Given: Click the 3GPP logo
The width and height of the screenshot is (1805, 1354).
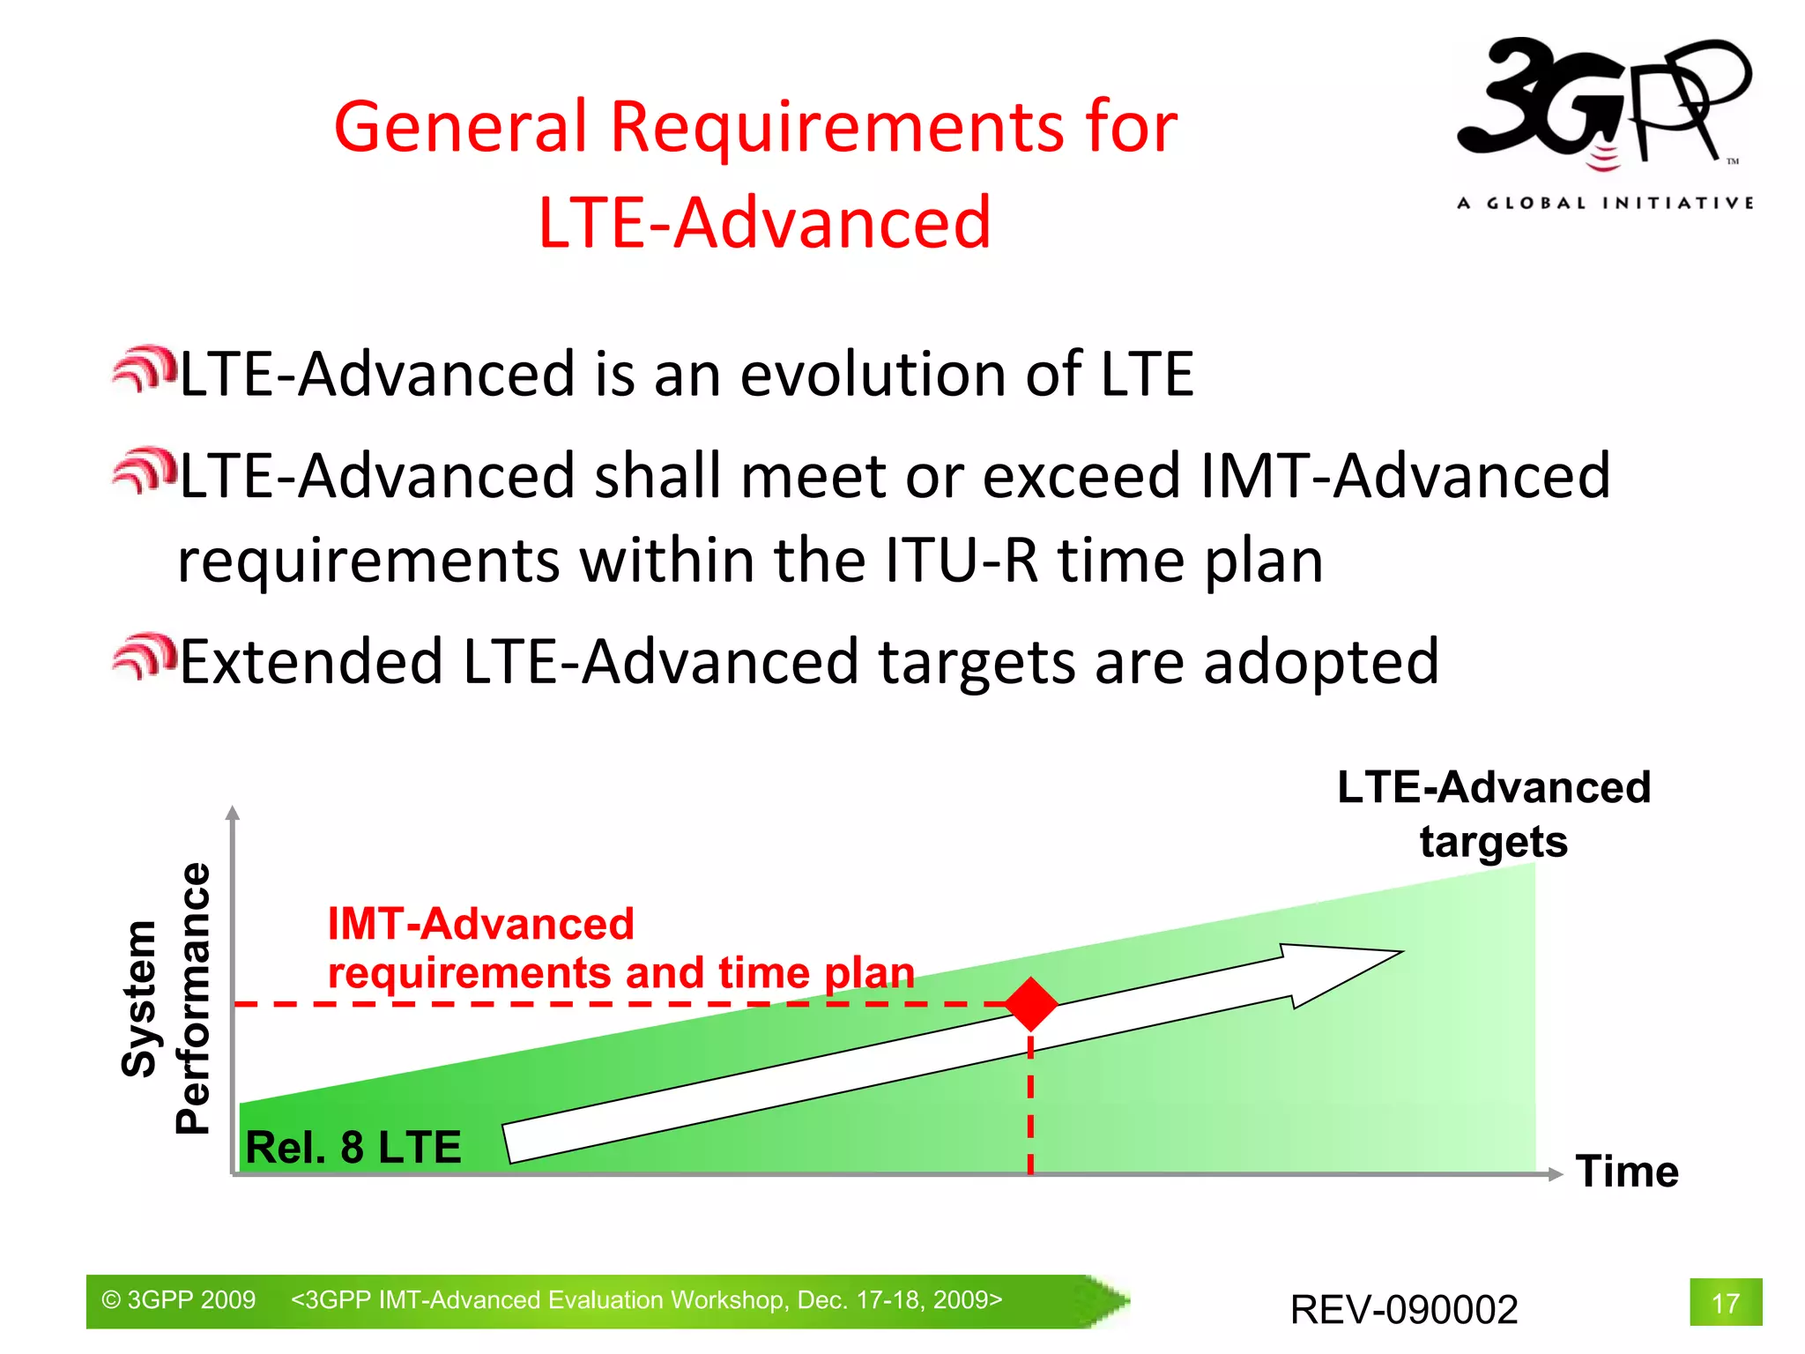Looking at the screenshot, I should [x=1602, y=101].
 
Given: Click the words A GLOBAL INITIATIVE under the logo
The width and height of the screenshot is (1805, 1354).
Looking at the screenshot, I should [x=1604, y=204].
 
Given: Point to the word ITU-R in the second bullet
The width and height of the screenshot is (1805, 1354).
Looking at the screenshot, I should [x=961, y=561].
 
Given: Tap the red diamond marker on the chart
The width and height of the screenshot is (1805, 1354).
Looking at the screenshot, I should [x=1030, y=1004].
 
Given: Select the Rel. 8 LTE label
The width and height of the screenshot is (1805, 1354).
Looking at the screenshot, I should [x=353, y=1147].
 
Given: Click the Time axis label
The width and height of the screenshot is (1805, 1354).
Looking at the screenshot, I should [x=1626, y=1172].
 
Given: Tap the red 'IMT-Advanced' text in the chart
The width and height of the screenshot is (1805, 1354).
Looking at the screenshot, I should [x=480, y=924].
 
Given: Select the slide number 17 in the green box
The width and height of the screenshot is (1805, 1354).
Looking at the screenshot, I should [x=1725, y=1302].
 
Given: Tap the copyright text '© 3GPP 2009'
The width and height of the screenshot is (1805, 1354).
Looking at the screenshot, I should [x=179, y=1300].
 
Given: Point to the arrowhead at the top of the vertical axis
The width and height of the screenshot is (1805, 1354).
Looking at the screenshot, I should [x=233, y=813].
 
